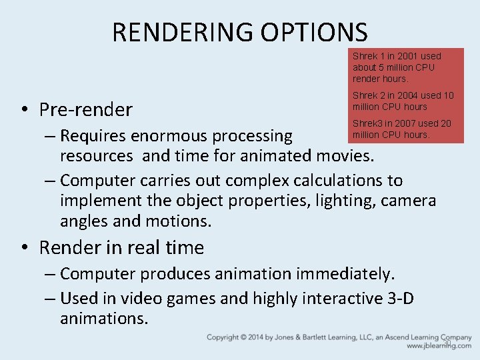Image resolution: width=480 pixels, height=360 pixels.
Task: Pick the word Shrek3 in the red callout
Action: pos(367,123)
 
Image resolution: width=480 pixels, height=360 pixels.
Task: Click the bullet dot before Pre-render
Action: pos(24,109)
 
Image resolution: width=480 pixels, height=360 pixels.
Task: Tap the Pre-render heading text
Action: pos(86,109)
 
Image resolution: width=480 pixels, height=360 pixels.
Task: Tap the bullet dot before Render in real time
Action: pos(24,248)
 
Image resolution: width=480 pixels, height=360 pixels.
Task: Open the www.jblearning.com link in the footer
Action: pos(439,346)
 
